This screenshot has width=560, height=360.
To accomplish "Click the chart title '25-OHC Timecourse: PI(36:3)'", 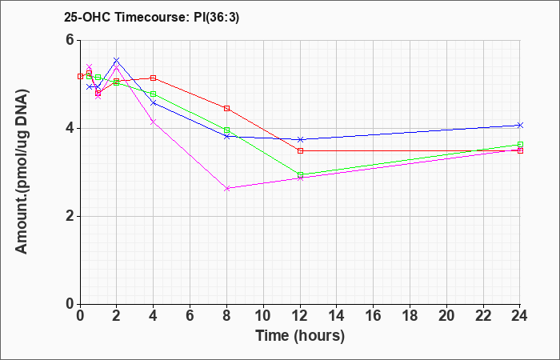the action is tap(151, 17).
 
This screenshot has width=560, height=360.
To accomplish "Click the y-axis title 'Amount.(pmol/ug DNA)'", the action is tap(22, 172).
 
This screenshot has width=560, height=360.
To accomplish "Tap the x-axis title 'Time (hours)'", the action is tap(300, 336).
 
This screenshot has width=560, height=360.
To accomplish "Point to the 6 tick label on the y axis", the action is tap(70, 40).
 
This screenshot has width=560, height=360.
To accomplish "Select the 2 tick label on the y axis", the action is tap(70, 216).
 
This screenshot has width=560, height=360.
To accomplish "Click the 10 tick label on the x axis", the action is tap(263, 316).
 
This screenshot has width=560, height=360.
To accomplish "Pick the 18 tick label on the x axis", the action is tap(410, 316).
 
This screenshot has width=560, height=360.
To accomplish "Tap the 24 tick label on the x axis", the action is tap(520, 316).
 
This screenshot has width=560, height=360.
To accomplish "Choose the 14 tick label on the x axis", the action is tap(337, 316).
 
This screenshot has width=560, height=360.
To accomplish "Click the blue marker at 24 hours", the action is tap(520, 125).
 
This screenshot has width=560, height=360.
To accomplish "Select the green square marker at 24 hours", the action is tap(520, 144).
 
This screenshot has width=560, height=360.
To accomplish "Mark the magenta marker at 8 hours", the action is tap(226, 188).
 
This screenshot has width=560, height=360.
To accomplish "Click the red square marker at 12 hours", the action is tap(300, 150).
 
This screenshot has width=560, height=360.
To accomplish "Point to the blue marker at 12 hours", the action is tap(300, 139).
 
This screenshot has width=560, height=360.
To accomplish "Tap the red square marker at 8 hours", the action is tap(226, 108).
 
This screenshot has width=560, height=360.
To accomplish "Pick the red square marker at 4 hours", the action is tap(154, 78).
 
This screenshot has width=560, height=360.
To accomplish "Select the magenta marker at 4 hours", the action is tap(154, 122).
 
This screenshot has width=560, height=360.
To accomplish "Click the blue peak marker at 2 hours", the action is tap(117, 60).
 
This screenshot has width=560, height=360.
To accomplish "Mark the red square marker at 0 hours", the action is tap(80, 76).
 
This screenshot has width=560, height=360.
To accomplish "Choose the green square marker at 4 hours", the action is tap(154, 94).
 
